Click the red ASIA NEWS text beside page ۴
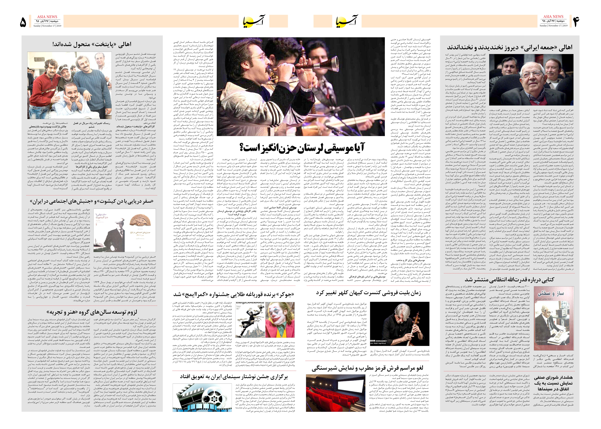pos(553,16)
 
